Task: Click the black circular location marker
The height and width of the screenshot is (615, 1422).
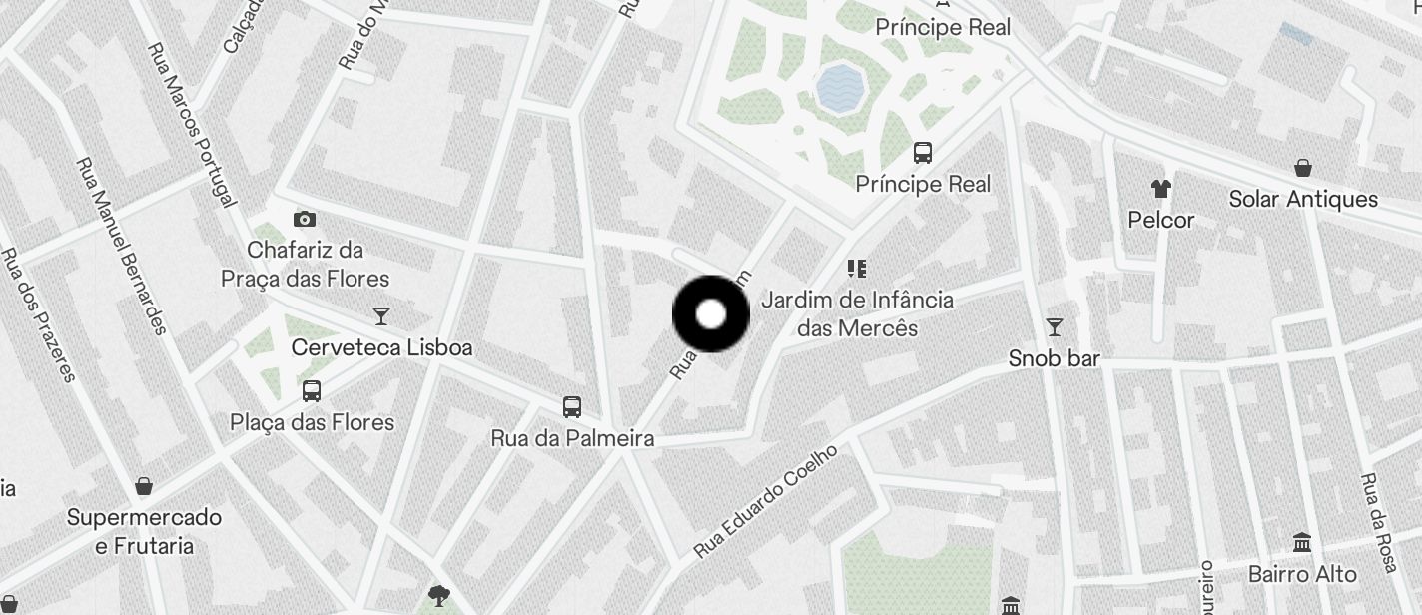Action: pyautogui.click(x=710, y=314)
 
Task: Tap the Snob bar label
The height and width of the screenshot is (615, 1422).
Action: pyautogui.click(x=1054, y=358)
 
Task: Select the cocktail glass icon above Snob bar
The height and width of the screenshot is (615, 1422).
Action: pyautogui.click(x=1054, y=326)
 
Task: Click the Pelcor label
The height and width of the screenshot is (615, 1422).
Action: pyautogui.click(x=1160, y=220)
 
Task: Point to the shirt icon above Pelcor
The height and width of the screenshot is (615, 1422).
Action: pyautogui.click(x=1160, y=187)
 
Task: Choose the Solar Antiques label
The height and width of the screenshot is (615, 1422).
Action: pyautogui.click(x=1303, y=199)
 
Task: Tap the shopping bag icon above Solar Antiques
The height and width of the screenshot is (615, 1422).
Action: pyautogui.click(x=1303, y=167)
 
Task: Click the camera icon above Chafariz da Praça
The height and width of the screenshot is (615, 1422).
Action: pyautogui.click(x=305, y=219)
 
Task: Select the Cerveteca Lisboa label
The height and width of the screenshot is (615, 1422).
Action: pyautogui.click(x=381, y=347)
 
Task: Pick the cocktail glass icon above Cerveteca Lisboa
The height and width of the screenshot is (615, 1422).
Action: pyautogui.click(x=380, y=316)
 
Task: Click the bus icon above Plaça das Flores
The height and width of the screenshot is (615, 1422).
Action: pyautogui.click(x=312, y=391)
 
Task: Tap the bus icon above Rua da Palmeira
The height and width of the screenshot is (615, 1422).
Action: pyautogui.click(x=572, y=406)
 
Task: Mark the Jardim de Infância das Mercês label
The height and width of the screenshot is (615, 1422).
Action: pyautogui.click(x=857, y=312)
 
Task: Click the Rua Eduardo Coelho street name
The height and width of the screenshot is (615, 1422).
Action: pyautogui.click(x=765, y=501)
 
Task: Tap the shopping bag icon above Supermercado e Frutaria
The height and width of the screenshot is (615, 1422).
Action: pyautogui.click(x=144, y=486)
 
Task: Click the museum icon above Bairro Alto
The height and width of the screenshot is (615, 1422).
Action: pyautogui.click(x=1302, y=543)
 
